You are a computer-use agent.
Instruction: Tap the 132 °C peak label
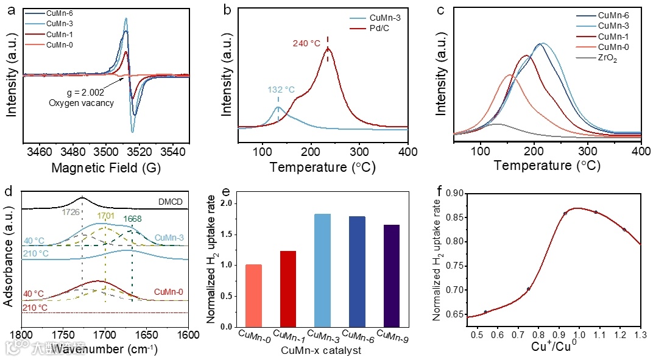tap(281, 90)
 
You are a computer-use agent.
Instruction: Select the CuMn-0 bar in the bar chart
tap(253, 295)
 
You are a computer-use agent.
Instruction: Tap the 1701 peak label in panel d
tap(106, 215)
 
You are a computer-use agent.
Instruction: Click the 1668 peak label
tap(133, 220)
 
